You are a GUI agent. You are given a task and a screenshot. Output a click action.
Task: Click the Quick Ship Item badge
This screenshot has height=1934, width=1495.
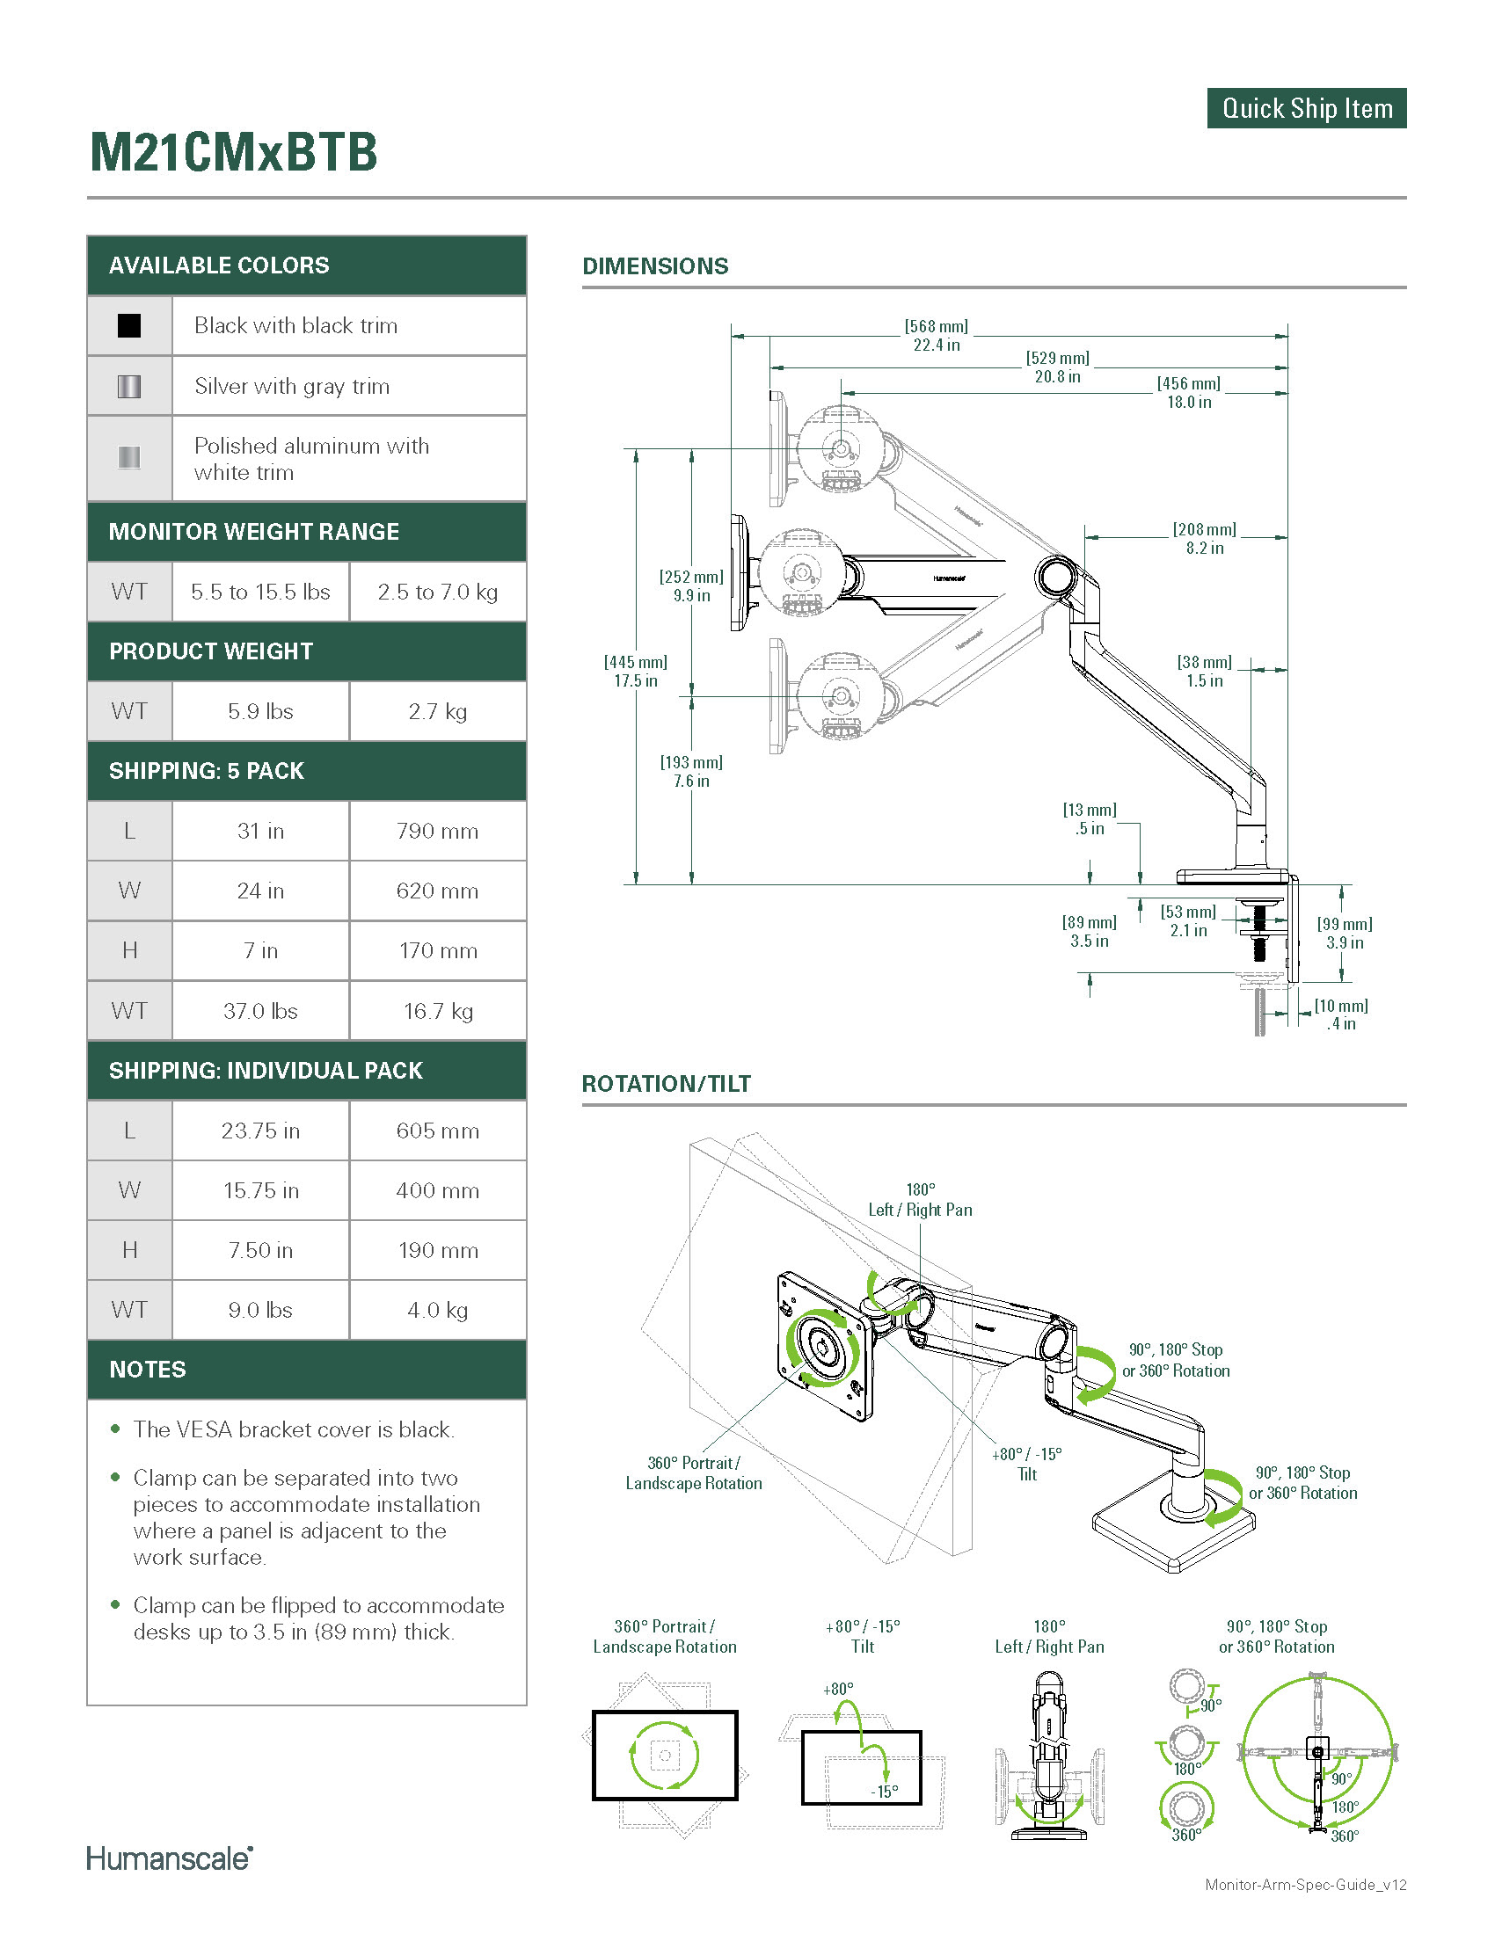click(x=1305, y=108)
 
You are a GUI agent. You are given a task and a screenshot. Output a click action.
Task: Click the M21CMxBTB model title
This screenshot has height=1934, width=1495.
click(x=234, y=151)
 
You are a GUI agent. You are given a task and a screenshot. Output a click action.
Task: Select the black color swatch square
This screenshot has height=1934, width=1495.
click(x=129, y=326)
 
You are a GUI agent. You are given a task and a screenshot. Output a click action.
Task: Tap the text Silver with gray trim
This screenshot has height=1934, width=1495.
click(x=291, y=386)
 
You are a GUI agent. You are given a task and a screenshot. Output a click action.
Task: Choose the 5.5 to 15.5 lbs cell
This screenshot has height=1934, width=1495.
click(x=260, y=592)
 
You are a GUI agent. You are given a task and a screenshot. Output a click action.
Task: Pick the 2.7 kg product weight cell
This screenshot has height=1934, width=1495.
click(x=438, y=711)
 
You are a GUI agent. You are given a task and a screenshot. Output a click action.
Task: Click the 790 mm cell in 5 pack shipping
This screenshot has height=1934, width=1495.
click(x=438, y=831)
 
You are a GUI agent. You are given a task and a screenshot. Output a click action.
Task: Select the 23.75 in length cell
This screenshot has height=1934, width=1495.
click(x=260, y=1131)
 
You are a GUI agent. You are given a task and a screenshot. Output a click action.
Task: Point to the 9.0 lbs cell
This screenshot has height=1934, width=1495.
click(x=260, y=1310)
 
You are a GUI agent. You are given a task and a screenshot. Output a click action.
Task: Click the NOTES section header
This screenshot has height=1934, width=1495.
click(x=148, y=1370)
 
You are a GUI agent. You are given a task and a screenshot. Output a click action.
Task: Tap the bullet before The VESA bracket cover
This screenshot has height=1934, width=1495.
click(x=115, y=1429)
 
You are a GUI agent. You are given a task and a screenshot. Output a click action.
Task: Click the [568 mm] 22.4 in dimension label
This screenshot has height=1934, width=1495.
click(x=937, y=336)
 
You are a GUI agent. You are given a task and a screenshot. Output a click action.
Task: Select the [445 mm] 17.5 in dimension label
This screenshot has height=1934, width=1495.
click(x=636, y=672)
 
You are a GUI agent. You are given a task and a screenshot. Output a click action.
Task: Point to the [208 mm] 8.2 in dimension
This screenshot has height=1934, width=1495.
click(x=1205, y=538)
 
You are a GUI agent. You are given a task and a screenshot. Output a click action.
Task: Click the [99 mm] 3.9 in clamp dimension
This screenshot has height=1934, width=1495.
click(x=1345, y=934)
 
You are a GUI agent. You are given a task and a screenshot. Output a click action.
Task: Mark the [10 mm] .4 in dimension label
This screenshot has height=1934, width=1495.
click(x=1341, y=1014)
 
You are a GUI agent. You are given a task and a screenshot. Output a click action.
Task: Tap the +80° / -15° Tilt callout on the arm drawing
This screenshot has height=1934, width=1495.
click(x=1026, y=1464)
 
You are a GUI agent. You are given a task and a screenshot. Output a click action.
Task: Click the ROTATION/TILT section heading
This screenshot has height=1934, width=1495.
click(x=666, y=1084)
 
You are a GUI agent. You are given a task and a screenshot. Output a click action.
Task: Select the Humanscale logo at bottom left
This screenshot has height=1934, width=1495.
click(x=169, y=1858)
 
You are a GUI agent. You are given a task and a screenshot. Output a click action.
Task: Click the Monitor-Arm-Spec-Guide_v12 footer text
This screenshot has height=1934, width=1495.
click(x=1305, y=1909)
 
